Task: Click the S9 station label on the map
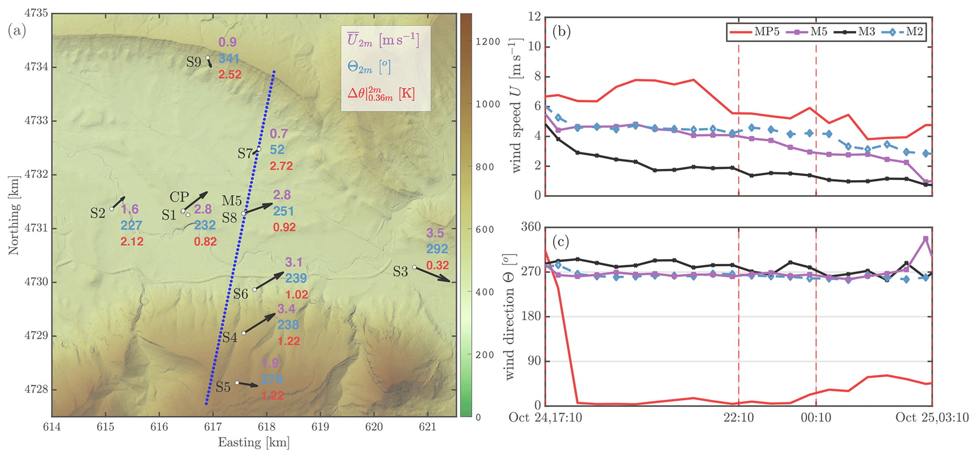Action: (x=193, y=62)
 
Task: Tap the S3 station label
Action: (x=400, y=272)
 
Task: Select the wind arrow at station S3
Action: (x=432, y=274)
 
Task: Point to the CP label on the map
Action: (x=179, y=197)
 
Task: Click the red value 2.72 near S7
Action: (x=281, y=166)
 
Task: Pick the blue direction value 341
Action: (x=229, y=59)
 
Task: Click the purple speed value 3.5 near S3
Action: (x=435, y=233)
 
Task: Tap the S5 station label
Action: (x=223, y=387)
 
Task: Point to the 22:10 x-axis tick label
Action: (x=738, y=417)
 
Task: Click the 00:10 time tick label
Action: (x=816, y=417)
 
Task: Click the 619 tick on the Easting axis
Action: (x=320, y=427)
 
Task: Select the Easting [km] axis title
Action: (x=253, y=442)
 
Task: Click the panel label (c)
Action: (x=561, y=242)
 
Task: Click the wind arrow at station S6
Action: (x=269, y=281)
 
